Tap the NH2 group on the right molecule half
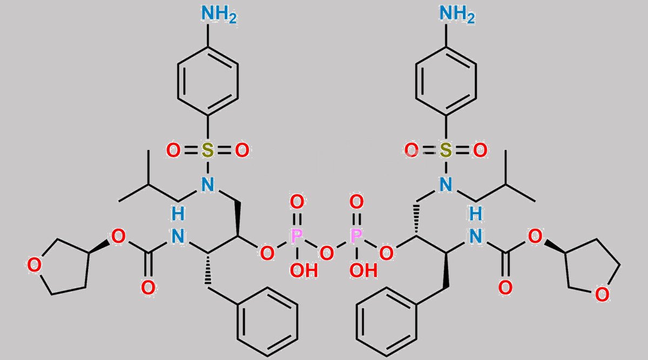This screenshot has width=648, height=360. (457, 14)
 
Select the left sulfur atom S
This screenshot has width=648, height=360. (207, 151)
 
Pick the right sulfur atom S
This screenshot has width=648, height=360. (446, 151)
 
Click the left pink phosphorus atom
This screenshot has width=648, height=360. (296, 236)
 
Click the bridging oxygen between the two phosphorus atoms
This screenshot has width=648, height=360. (327, 254)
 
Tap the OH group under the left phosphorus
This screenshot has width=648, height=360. (304, 270)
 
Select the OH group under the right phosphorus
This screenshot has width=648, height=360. (363, 270)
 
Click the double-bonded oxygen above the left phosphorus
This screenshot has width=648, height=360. (297, 201)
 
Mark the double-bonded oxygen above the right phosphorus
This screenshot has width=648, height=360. (356, 201)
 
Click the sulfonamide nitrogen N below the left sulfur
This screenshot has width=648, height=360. (207, 184)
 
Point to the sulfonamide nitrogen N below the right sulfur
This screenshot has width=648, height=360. (446, 184)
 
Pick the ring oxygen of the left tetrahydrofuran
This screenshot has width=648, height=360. (34, 265)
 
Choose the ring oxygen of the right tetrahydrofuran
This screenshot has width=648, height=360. (602, 295)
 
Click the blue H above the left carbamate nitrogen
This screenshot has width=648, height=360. (178, 214)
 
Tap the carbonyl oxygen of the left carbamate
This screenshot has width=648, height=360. (148, 288)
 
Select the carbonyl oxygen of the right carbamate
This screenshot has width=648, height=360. (505, 288)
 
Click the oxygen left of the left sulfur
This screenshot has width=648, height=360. (173, 151)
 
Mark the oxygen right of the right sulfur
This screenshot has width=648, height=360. (480, 151)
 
